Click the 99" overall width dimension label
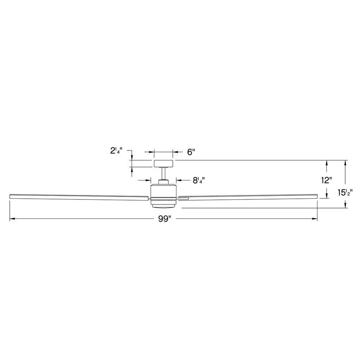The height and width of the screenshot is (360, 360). tap(163, 219)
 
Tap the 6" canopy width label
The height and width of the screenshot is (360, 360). tap(191, 152)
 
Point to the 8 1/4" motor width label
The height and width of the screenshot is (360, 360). tap(198, 180)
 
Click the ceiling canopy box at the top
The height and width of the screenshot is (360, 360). tap(163, 164)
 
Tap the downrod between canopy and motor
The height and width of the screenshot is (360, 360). tap(163, 173)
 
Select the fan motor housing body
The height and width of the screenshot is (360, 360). tap(163, 191)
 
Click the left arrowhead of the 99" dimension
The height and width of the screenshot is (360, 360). tap(12, 219)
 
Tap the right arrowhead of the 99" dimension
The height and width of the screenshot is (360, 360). tap(315, 219)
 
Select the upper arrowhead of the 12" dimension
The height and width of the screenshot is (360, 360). tap(327, 162)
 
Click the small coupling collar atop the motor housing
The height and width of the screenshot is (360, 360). tap(163, 181)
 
